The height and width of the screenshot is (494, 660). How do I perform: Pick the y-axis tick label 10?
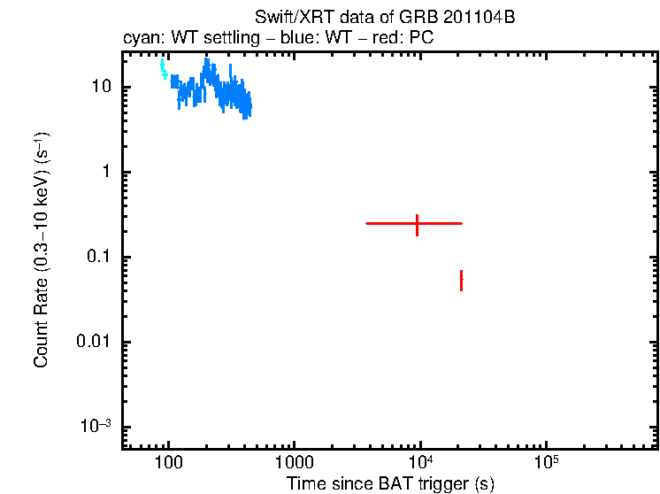100,88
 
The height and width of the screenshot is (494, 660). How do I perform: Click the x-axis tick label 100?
167,463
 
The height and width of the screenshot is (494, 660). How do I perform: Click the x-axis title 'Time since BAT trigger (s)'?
389,483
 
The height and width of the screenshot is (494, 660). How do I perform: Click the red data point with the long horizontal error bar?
417,224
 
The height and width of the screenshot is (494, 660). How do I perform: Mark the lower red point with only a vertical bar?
461,280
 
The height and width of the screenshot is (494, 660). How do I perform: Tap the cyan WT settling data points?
164,69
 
